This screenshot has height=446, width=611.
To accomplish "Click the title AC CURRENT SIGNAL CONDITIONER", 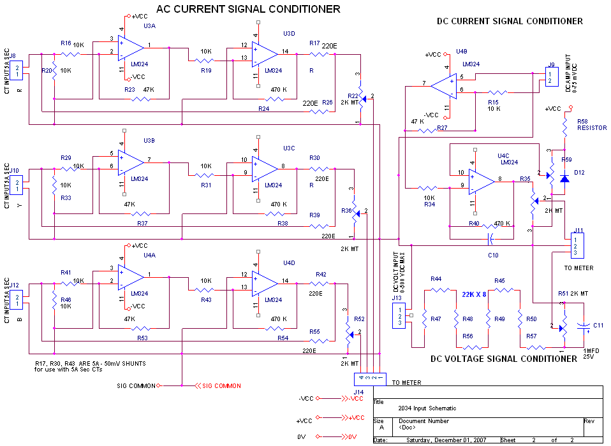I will (248, 9).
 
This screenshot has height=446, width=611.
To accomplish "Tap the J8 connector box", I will (18, 69).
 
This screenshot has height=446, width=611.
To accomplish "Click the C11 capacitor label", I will (598, 325).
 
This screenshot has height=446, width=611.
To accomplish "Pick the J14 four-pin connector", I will (371, 378).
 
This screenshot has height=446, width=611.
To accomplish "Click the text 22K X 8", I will (477, 295).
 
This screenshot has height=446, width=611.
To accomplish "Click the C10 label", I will (493, 255).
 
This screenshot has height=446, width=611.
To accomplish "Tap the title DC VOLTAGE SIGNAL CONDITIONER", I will (503, 359).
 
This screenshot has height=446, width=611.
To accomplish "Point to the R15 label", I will (493, 101).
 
